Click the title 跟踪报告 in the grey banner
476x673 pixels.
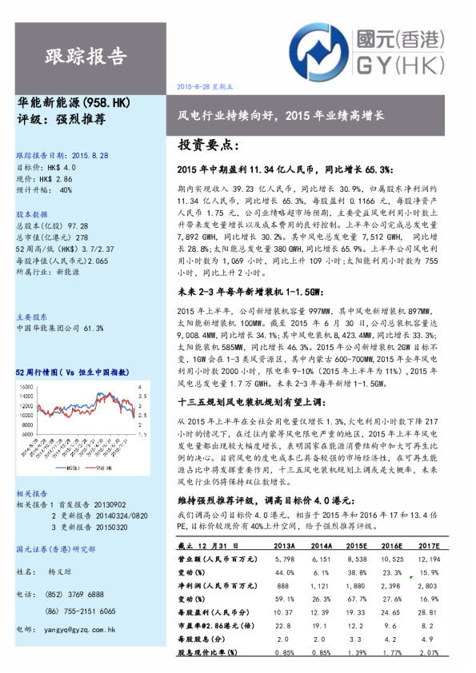tap(86, 55)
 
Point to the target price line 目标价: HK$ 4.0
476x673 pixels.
tap(46, 168)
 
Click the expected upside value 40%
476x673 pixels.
tap(66, 190)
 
